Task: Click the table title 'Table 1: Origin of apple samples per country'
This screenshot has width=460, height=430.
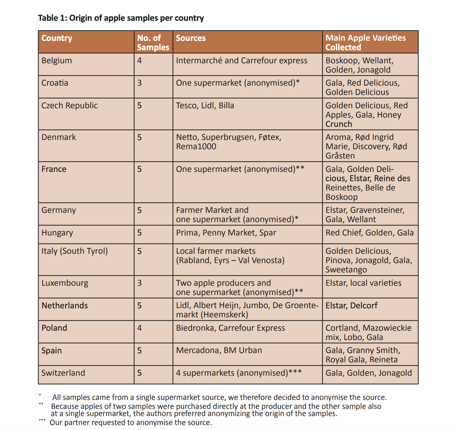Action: click(121, 18)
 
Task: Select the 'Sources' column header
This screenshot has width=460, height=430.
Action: click(191, 38)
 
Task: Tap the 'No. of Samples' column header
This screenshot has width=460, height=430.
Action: click(153, 43)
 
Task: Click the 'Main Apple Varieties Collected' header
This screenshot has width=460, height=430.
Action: click(365, 43)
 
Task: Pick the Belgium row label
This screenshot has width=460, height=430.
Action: click(56, 60)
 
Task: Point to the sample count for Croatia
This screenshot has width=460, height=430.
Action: click(139, 83)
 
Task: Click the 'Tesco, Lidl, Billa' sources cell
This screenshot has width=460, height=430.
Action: click(205, 105)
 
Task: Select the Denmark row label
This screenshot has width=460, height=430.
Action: click(59, 137)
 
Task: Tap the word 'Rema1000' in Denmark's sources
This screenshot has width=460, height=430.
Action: click(196, 146)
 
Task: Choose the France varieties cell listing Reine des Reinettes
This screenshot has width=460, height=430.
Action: click(368, 183)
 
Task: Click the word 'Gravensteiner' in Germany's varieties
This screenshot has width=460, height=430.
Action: click(377, 210)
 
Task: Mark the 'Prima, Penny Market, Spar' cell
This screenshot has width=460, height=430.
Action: click(226, 233)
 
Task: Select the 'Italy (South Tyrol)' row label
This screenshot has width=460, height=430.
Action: click(74, 251)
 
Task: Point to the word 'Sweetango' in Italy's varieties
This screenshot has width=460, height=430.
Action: click(346, 270)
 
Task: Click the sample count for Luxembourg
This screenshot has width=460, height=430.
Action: click(139, 283)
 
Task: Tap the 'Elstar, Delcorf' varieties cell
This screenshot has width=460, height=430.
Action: click(351, 306)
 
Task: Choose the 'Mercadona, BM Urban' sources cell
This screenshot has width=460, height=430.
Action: click(219, 350)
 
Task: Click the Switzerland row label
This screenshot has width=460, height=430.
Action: click(63, 373)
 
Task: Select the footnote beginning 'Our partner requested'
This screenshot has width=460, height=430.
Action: click(131, 423)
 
